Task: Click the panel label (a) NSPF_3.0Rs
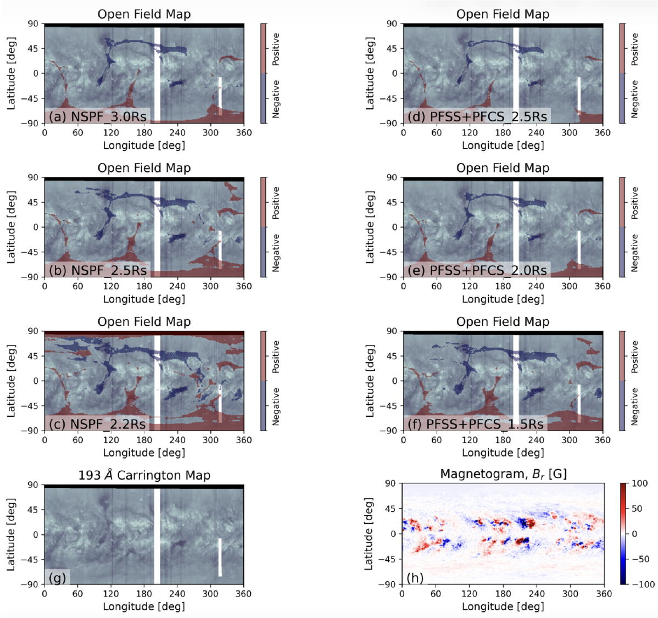(98, 116)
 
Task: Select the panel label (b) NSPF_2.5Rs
(98, 270)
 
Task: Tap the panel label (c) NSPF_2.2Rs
(97, 424)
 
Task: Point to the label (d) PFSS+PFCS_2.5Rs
(477, 116)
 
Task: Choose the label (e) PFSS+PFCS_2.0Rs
(477, 270)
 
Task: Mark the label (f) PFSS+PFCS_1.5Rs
(476, 424)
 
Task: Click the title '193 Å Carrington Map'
(144, 475)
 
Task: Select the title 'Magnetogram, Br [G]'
(503, 474)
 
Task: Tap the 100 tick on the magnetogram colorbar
(639, 483)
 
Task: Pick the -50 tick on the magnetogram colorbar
(640, 559)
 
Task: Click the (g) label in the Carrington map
(57, 578)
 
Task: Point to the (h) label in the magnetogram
(415, 578)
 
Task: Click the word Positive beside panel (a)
(276, 49)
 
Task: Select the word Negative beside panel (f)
(634, 407)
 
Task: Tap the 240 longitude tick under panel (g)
(177, 594)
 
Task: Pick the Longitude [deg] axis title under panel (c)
(144, 453)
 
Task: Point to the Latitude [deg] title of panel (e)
(370, 227)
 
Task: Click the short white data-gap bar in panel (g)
(220, 557)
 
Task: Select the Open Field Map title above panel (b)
(144, 168)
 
